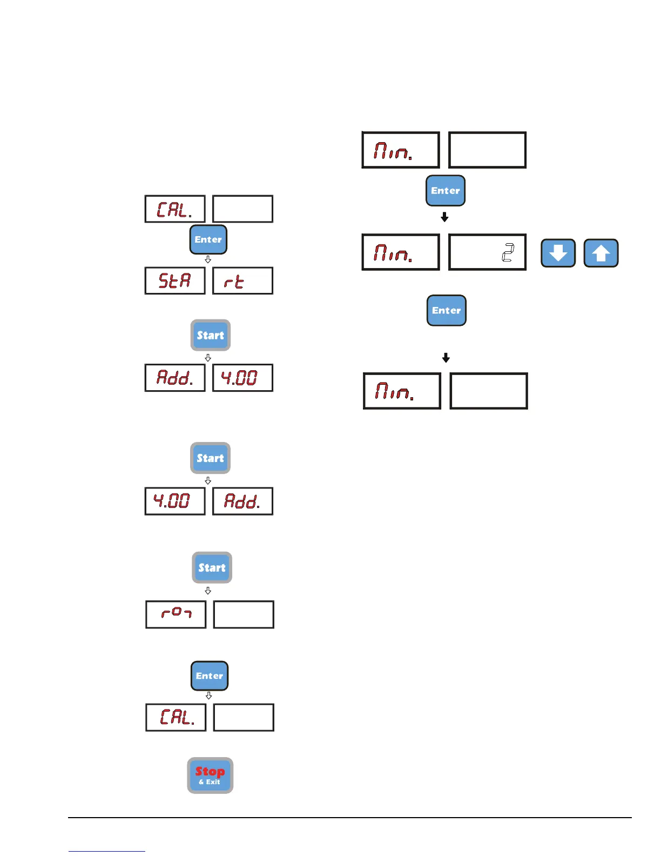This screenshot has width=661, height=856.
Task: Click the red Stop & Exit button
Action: click(210, 775)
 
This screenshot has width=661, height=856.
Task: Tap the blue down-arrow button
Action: click(558, 253)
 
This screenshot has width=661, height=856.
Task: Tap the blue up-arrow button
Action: click(601, 253)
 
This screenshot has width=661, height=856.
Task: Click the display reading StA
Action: click(175, 280)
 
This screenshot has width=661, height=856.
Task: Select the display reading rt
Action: click(242, 280)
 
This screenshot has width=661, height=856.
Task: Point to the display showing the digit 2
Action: click(487, 252)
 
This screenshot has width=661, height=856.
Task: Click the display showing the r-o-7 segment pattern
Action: click(176, 614)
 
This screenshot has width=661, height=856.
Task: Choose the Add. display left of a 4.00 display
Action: click(175, 378)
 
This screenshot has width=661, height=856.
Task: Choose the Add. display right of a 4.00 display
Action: click(242, 501)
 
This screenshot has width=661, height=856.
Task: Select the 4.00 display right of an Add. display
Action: click(242, 378)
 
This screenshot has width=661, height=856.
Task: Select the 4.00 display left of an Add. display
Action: click(175, 501)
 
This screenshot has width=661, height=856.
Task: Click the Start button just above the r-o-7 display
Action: click(212, 567)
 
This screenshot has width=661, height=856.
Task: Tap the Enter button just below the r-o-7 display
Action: click(210, 676)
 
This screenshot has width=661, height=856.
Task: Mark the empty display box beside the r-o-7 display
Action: click(244, 614)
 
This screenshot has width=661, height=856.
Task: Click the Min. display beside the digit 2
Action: click(401, 252)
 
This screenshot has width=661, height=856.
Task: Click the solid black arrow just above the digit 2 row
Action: click(444, 217)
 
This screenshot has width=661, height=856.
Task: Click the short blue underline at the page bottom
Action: click(106, 851)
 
